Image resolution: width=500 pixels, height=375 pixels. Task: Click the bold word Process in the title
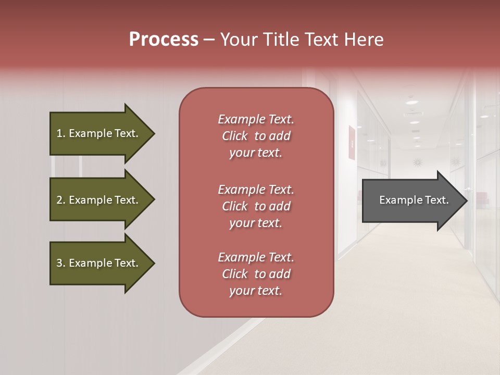164,40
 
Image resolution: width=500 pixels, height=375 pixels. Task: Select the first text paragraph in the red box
256,136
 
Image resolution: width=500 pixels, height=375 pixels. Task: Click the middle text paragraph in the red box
256,206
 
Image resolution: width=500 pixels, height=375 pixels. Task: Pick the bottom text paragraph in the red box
256,274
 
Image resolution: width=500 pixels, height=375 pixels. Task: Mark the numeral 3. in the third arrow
61,263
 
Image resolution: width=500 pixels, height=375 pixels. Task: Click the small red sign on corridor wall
352,143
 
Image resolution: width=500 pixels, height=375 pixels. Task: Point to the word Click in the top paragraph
235,136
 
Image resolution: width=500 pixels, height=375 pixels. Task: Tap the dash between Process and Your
209,40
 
